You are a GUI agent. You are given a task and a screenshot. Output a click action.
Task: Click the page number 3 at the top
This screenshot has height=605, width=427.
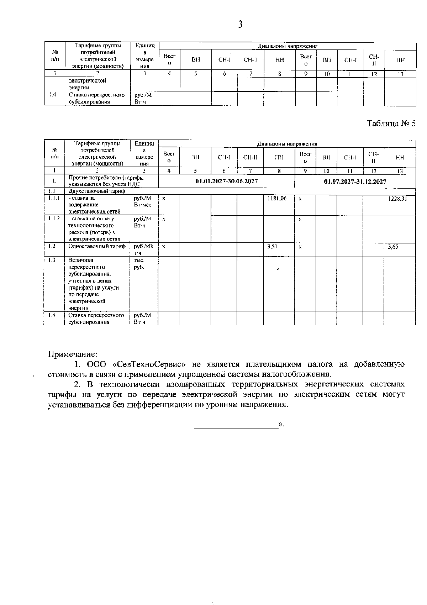click(x=240, y=25)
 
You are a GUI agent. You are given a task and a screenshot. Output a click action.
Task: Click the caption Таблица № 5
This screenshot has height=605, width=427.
click(x=391, y=123)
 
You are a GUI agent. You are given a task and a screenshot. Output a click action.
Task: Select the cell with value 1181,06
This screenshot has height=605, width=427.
click(x=277, y=199)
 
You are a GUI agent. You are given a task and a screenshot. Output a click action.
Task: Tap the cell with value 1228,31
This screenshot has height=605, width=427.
click(x=398, y=199)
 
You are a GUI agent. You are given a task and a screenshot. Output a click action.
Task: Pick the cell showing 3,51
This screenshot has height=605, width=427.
click(x=272, y=246)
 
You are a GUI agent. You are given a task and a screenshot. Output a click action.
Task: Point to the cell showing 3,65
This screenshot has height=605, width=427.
click(x=393, y=246)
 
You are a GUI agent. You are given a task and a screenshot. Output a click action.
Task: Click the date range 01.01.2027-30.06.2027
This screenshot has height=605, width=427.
click(x=227, y=181)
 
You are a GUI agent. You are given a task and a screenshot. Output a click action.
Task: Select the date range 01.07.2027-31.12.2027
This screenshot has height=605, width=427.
click(x=355, y=181)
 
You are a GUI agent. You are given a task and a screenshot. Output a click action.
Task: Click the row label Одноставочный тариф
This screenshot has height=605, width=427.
click(x=97, y=246)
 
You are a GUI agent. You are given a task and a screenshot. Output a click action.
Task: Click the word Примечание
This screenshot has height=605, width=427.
click(x=73, y=354)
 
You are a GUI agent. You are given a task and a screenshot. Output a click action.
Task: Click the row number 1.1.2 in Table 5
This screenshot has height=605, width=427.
click(x=54, y=219)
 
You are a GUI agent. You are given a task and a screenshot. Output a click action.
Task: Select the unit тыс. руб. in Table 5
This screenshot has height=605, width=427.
click(x=139, y=264)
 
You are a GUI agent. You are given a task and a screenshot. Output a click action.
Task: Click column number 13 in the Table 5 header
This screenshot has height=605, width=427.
click(x=400, y=171)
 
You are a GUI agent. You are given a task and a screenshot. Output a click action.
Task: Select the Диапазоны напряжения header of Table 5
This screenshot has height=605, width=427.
click(x=287, y=144)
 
